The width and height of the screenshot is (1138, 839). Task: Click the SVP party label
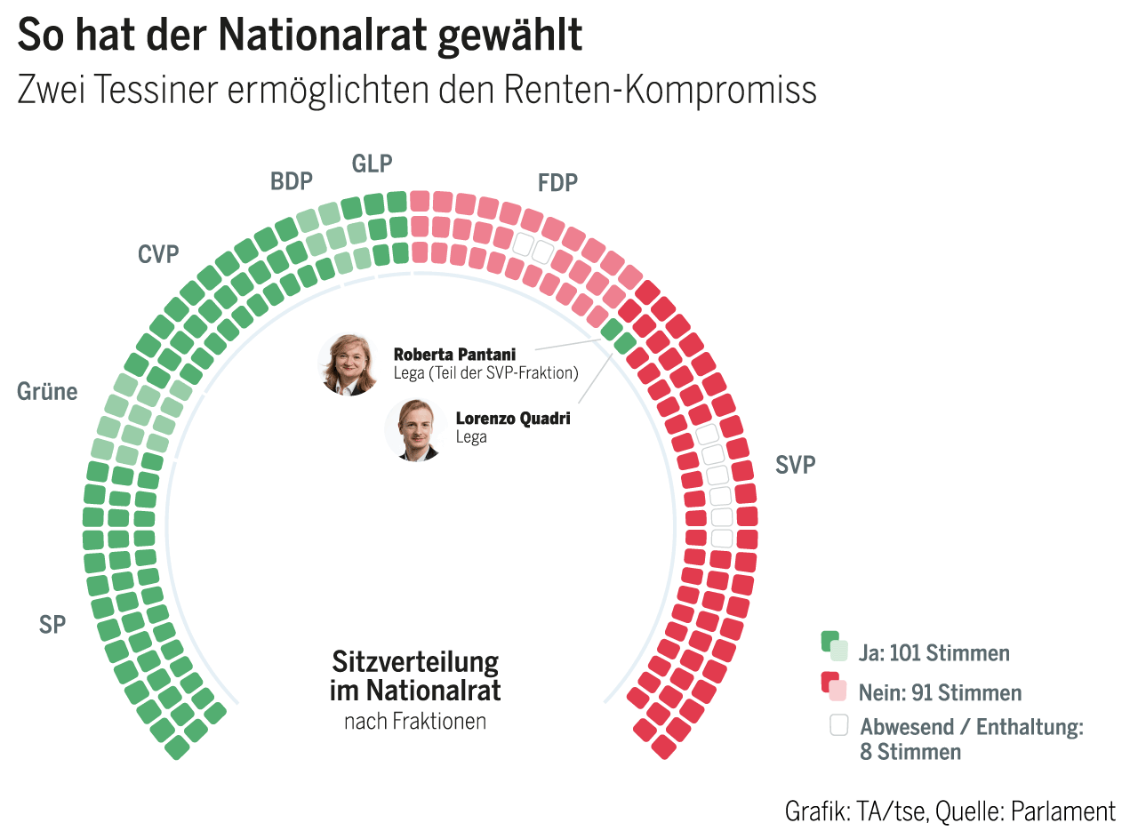795,465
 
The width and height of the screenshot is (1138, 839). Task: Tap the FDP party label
557,183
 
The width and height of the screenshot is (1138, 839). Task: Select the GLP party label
372,164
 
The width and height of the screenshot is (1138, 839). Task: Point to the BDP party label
292,182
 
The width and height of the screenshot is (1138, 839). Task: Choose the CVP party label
158,255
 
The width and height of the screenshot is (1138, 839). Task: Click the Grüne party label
47,392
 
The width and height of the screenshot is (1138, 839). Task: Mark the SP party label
52,625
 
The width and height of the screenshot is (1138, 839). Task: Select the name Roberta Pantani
454,355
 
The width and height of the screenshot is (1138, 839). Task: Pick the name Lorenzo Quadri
512,419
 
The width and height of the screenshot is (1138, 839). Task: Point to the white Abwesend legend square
838,725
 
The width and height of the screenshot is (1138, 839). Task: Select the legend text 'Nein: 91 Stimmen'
940,692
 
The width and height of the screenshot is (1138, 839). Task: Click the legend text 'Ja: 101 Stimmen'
934,653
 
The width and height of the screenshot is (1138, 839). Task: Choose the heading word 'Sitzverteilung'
415,662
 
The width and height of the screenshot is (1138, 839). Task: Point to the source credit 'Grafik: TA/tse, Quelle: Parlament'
950,811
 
